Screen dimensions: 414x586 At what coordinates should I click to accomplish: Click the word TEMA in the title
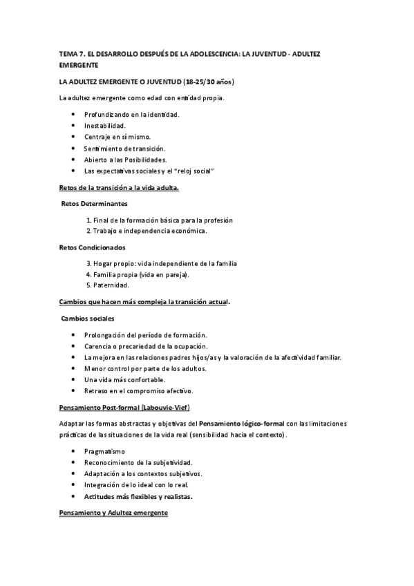pos(68,53)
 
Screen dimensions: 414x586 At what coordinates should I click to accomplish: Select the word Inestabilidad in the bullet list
pos(104,126)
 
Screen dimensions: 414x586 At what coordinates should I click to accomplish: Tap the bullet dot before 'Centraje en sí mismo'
pos(75,137)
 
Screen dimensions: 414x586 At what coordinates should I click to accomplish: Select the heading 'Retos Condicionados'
pos(92,247)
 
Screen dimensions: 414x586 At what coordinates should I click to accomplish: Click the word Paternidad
pos(111,285)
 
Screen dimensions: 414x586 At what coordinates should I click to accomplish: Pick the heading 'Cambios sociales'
pos(88,318)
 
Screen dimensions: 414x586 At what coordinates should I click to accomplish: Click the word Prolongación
pos(106,334)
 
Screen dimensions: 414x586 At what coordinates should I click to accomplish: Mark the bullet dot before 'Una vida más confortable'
pos(75,379)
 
